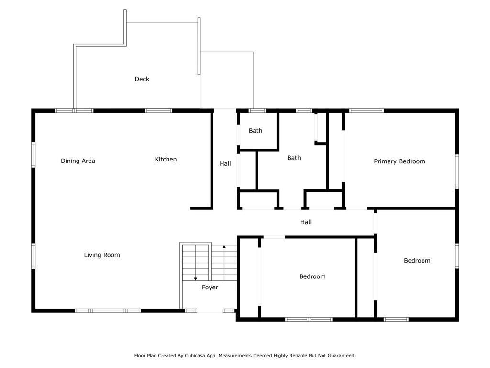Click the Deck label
(142, 79)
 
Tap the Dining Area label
(78, 161)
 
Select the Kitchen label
(166, 159)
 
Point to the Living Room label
(102, 255)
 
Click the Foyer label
(210, 287)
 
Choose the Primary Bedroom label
(400, 161)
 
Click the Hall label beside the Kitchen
(225, 164)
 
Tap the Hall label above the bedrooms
(306, 222)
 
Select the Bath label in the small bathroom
(256, 131)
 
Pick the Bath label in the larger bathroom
(294, 158)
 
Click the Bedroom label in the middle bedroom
(312, 276)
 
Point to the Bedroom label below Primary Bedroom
(417, 261)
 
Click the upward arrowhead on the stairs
(224, 247)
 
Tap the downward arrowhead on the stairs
(195, 278)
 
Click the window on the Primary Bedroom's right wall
(457, 171)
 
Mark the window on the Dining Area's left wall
(33, 155)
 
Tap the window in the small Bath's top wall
(257, 111)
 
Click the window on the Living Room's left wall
(33, 256)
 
